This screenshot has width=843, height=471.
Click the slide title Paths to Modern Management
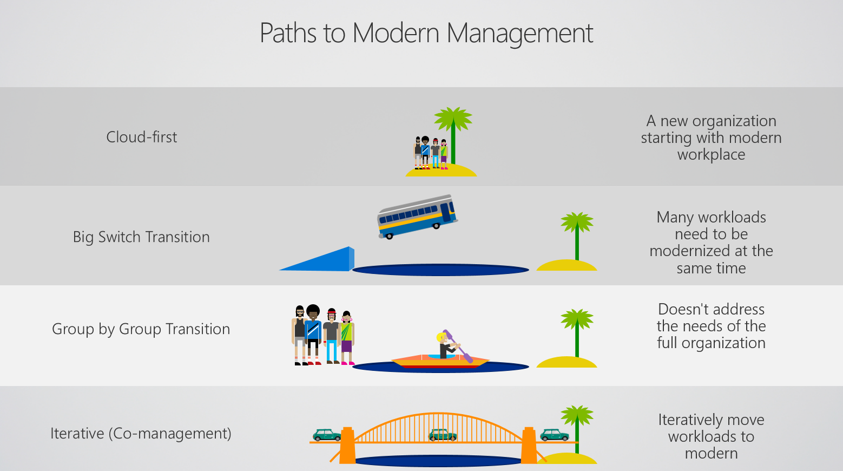tap(426, 34)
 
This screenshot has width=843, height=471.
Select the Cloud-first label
tap(142, 137)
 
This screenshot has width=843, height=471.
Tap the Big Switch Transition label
tap(141, 237)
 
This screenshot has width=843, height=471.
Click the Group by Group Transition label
tap(141, 329)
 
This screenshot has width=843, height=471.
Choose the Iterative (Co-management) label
tap(141, 433)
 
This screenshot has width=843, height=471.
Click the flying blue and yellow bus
tap(417, 217)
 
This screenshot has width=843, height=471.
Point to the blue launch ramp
tap(317, 259)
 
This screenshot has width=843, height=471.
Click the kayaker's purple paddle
tap(458, 346)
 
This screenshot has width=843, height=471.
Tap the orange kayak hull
tap(440, 362)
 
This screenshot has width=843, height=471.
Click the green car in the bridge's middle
tap(443, 435)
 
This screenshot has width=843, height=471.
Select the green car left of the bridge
tap(327, 435)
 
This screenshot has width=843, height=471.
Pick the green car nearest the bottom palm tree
tap(555, 435)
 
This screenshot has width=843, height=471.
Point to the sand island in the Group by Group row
tap(567, 362)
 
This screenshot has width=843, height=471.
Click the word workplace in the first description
tap(712, 155)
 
